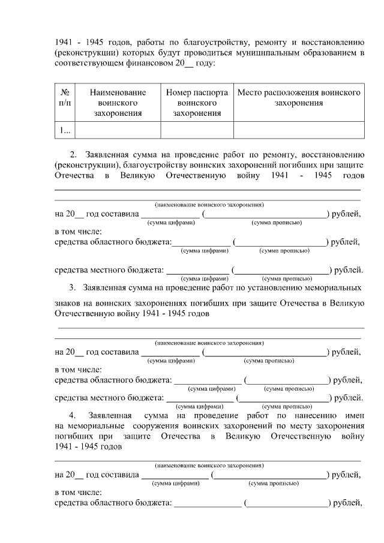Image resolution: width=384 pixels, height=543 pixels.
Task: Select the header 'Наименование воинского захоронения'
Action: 118,103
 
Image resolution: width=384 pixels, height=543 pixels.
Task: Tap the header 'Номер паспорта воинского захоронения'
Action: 197,103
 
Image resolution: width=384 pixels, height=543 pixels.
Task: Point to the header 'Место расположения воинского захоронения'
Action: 299,98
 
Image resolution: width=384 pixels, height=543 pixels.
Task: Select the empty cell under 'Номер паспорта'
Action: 197,130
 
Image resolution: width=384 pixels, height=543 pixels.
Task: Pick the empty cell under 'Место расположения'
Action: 299,130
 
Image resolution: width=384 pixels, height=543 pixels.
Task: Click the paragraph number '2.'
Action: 74,153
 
